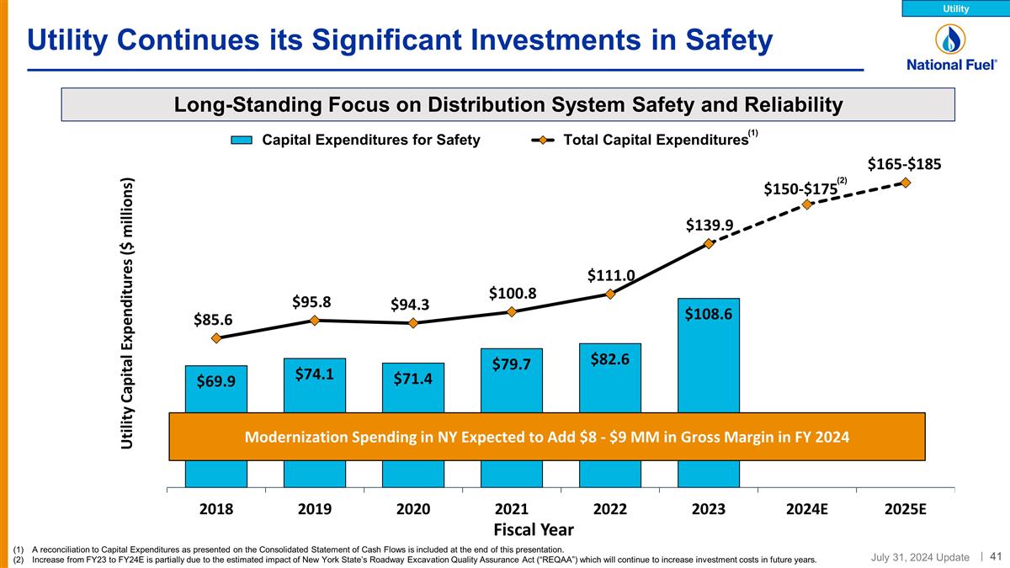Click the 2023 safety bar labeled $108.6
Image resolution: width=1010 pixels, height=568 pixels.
point(708,353)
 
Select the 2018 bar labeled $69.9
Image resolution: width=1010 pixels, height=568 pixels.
point(216,388)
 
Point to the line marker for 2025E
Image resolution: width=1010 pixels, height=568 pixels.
point(906,182)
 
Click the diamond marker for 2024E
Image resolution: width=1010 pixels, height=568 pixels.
point(807,204)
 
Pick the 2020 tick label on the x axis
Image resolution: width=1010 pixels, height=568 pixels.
point(413,510)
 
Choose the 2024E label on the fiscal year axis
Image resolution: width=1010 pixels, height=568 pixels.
point(807,510)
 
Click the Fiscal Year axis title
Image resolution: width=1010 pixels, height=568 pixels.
point(539,529)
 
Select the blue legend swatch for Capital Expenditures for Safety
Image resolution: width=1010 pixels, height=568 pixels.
point(242,141)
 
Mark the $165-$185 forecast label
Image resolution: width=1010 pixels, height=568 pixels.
point(904,163)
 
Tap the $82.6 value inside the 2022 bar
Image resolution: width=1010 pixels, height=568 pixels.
point(609,359)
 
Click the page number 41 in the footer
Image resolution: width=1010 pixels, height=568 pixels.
point(996,555)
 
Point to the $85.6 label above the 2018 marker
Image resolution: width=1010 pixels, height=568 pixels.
point(215,319)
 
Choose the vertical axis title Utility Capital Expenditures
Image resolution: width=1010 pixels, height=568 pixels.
point(127,312)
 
